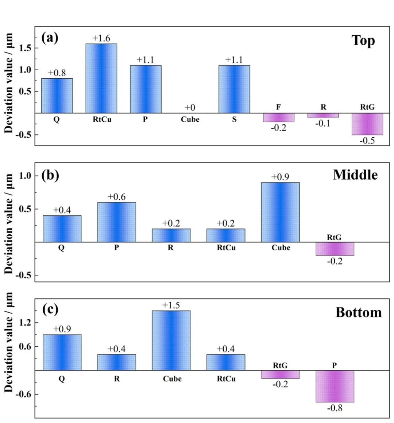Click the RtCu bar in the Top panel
101,78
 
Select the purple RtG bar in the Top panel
367,124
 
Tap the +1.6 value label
101,38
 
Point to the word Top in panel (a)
363,40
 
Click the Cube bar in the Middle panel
280,212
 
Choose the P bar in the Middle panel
116,222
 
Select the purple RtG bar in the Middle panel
335,248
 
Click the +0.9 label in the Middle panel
280,177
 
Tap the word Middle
355,175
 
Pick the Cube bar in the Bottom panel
171,340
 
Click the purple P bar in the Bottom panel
335,386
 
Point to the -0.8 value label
335,408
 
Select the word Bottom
358,313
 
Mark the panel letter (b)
50,175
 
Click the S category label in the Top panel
234,119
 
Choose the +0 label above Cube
190,107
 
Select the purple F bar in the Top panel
278,117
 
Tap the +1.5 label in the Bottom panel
171,305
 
